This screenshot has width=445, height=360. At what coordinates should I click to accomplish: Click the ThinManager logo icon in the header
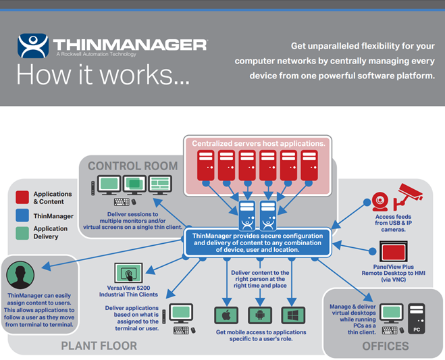(x=32, y=46)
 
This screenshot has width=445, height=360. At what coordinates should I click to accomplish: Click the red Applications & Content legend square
(x=22, y=197)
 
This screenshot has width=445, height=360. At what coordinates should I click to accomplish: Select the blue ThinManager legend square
(x=22, y=215)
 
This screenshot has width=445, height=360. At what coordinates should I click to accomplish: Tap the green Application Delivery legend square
(x=22, y=233)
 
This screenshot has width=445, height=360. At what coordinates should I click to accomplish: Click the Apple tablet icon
(x=226, y=315)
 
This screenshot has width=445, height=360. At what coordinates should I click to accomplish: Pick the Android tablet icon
(x=260, y=315)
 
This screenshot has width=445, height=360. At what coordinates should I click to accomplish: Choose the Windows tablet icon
(x=293, y=315)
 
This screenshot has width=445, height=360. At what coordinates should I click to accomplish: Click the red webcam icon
(x=380, y=201)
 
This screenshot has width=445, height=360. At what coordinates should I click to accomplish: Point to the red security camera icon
(x=408, y=195)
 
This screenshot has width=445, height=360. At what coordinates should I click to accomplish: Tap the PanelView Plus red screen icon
(x=394, y=251)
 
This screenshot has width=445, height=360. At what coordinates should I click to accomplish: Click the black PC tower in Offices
(x=417, y=318)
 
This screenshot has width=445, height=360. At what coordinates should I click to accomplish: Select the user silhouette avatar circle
(x=20, y=275)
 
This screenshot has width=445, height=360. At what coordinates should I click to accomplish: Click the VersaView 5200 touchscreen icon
(x=128, y=273)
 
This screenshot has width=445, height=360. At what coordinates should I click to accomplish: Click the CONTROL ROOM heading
(x=133, y=165)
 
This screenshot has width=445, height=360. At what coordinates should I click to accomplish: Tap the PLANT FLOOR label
(x=99, y=346)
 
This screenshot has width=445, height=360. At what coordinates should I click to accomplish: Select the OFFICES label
(x=386, y=346)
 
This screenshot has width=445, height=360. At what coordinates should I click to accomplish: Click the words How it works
(x=103, y=74)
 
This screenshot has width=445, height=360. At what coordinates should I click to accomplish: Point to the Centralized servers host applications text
(x=259, y=144)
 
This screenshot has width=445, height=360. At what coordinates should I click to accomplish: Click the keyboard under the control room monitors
(x=122, y=202)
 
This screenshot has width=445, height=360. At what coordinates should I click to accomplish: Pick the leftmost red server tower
(x=206, y=165)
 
